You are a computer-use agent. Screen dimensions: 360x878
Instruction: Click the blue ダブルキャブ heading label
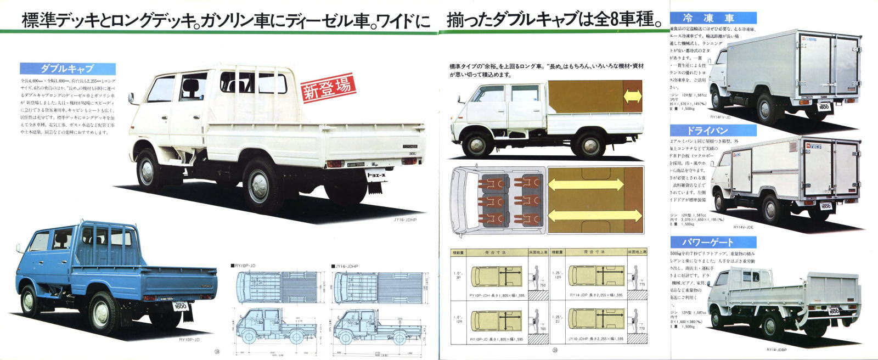point(67,69)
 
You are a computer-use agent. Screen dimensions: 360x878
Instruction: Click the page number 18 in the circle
point(217,352)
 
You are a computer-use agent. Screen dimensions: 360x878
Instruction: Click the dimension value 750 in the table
point(542,286)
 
